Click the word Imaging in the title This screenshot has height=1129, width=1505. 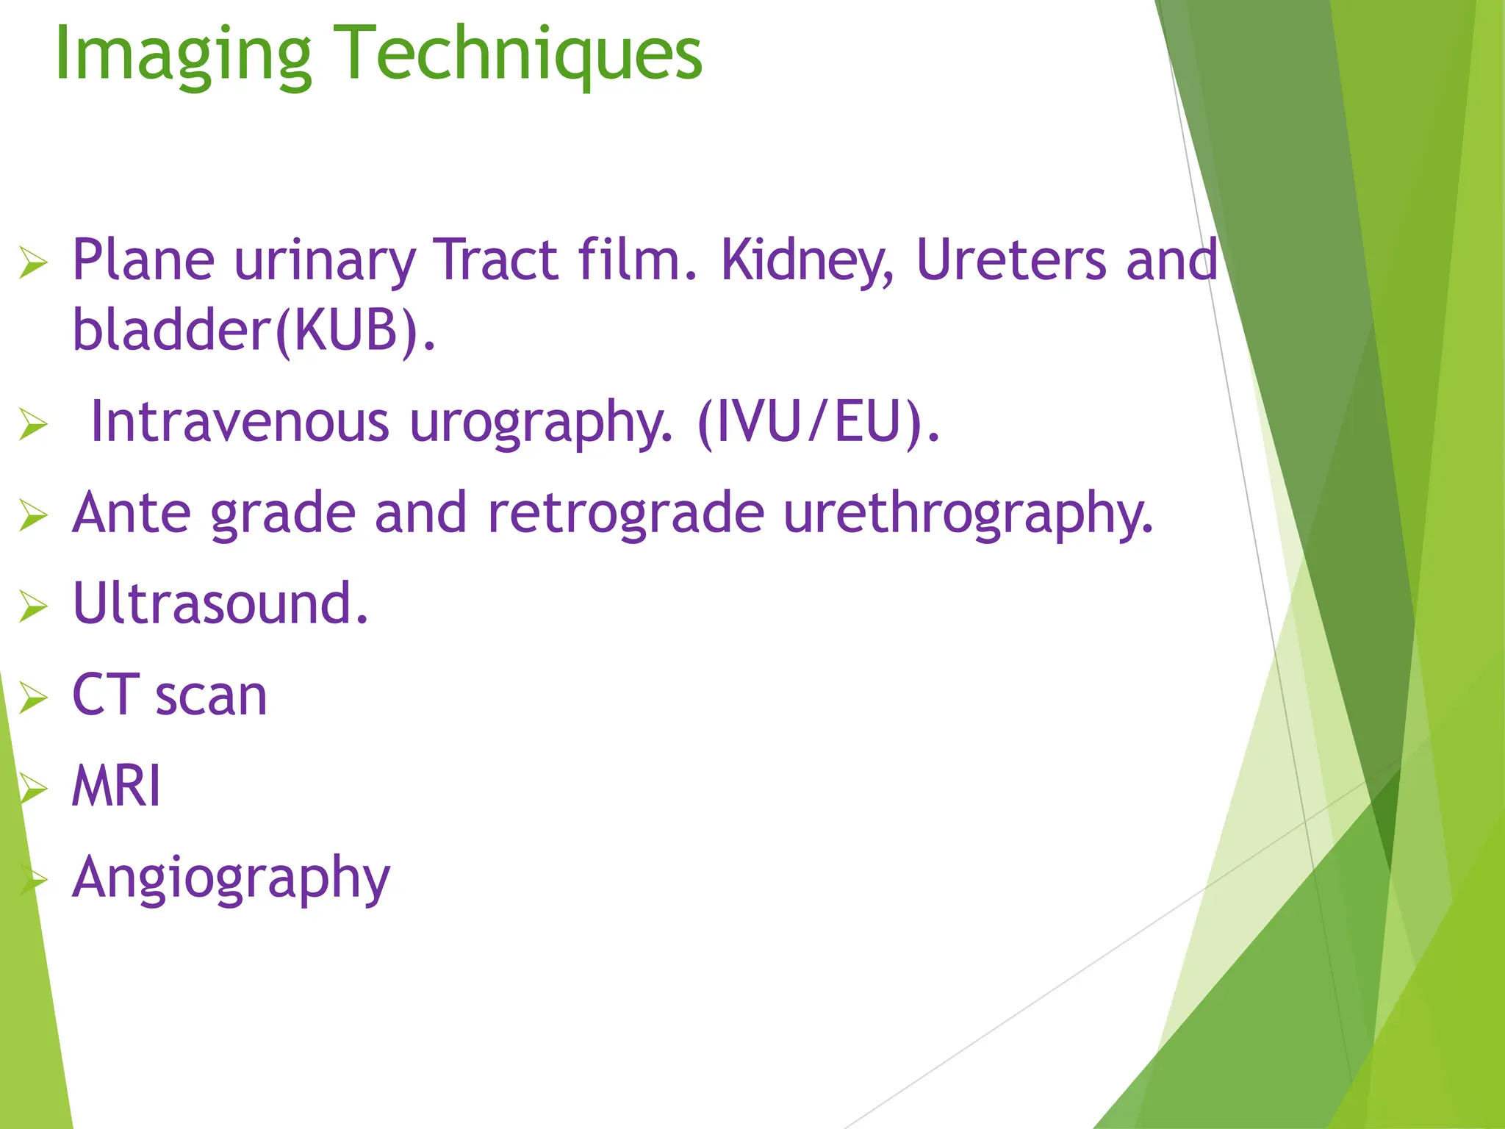pos(184,55)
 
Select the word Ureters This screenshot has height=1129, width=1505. pos(1011,261)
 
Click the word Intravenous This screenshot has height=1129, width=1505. pos(240,423)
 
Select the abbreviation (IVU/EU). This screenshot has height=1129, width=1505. pos(818,423)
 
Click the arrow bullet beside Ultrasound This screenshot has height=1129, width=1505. pos(33,606)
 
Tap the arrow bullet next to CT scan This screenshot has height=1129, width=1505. pos(33,698)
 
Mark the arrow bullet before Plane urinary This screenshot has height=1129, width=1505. pos(33,263)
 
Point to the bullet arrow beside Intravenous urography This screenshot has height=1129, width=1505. pos(33,424)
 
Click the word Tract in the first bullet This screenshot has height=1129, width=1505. pos(495,261)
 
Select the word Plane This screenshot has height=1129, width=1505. pos(144,261)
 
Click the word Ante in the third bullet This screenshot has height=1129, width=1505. pos(132,513)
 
